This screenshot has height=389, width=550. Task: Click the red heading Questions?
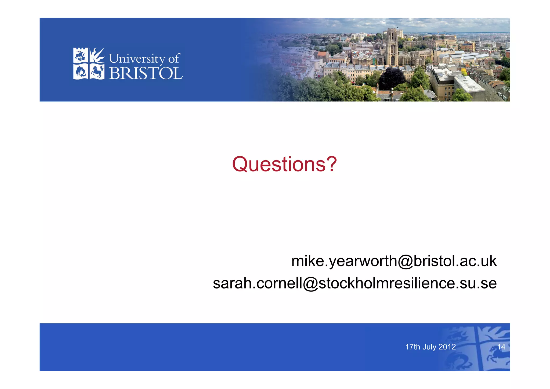pyautogui.click(x=284, y=164)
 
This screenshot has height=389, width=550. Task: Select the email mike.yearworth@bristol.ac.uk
pyautogui.click(x=394, y=261)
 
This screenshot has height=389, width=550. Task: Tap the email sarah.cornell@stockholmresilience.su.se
pyautogui.click(x=354, y=283)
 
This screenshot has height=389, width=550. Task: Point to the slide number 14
pyautogui.click(x=501, y=347)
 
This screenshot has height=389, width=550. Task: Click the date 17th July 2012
pyautogui.click(x=430, y=347)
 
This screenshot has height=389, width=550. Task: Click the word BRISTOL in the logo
pyautogui.click(x=145, y=73)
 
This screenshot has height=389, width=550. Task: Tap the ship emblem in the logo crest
pyautogui.click(x=80, y=56)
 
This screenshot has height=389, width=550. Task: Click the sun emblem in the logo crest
pyautogui.click(x=97, y=55)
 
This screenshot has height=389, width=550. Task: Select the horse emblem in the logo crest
pyautogui.click(x=97, y=72)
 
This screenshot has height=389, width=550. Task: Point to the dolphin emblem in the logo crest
pyautogui.click(x=81, y=72)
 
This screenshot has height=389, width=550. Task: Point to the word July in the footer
pyautogui.click(x=429, y=347)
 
